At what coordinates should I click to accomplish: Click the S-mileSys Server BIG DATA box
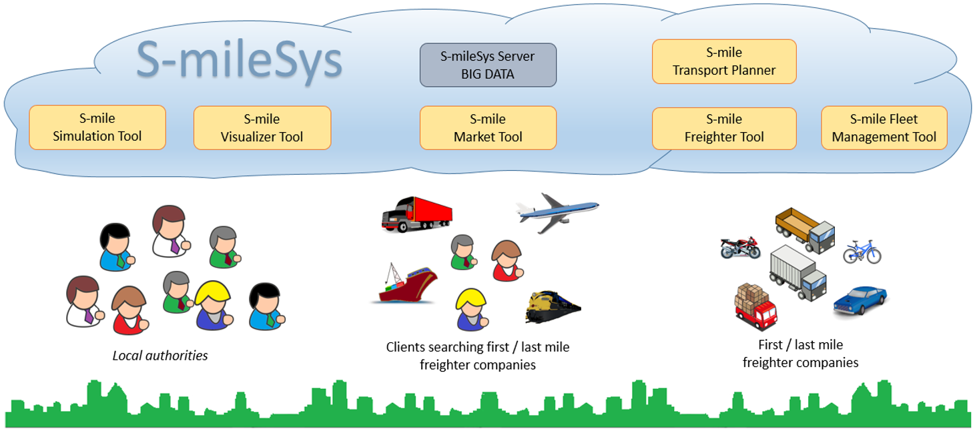click(x=488, y=65)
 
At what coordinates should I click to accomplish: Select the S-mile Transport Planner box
click(x=724, y=61)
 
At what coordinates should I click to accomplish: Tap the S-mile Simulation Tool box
click(x=97, y=127)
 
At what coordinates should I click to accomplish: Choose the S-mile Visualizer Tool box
click(x=262, y=128)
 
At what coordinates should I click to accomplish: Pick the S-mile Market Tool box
click(x=488, y=128)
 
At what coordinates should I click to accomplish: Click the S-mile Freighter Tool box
click(x=724, y=128)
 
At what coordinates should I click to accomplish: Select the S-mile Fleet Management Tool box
click(x=884, y=128)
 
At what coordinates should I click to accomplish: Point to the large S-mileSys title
click(x=239, y=60)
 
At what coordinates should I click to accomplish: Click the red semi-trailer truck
click(x=416, y=213)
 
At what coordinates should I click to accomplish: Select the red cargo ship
click(x=405, y=284)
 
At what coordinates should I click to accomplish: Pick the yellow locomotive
click(x=553, y=307)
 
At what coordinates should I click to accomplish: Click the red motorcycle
click(x=740, y=248)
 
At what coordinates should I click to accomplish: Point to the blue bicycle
click(x=862, y=252)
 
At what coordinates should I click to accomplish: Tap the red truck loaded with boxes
click(x=755, y=307)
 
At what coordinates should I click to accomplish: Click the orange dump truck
click(x=805, y=230)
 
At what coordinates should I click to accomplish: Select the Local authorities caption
click(x=159, y=356)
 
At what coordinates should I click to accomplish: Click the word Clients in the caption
click(x=406, y=347)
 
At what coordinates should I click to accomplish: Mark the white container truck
click(x=798, y=273)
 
